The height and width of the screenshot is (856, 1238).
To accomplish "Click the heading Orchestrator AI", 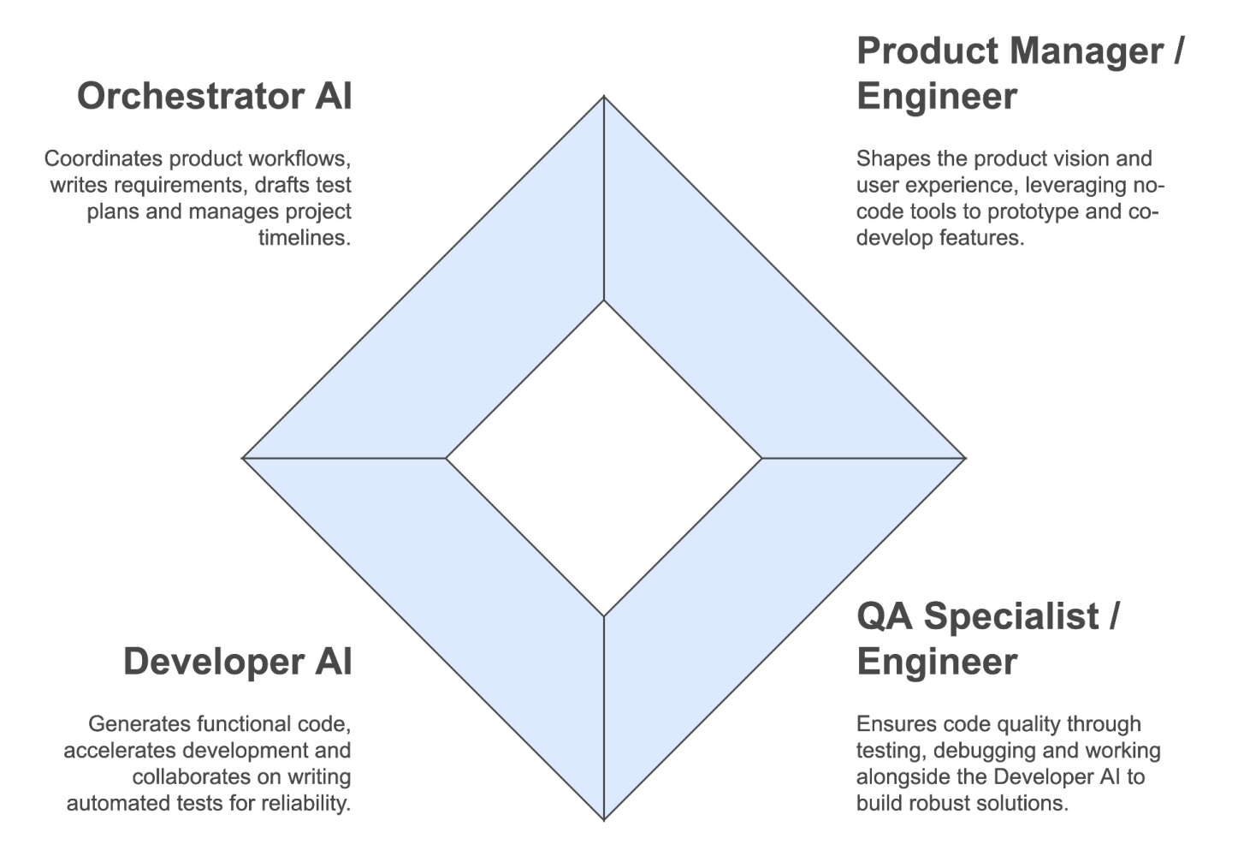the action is [214, 96].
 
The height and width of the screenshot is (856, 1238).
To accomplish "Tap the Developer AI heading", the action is [237, 662].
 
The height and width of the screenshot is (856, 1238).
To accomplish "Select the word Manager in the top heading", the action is [1083, 51].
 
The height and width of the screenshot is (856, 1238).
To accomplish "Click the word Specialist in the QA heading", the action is [1011, 616].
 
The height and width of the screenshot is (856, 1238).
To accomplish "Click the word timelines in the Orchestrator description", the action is [305, 238].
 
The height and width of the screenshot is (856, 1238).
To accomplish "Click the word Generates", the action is [139, 724].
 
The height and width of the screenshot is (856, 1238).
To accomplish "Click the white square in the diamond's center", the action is [604, 458].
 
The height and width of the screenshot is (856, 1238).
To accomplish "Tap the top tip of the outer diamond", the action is [604, 98].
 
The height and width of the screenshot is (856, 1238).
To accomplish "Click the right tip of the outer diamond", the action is [963, 458].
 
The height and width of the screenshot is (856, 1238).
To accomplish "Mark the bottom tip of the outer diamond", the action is [604, 818].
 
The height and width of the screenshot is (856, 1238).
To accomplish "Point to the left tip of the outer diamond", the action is [245, 458].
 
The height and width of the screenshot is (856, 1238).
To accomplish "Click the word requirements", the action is [176, 185].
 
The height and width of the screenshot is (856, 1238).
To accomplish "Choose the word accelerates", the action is [118, 751].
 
